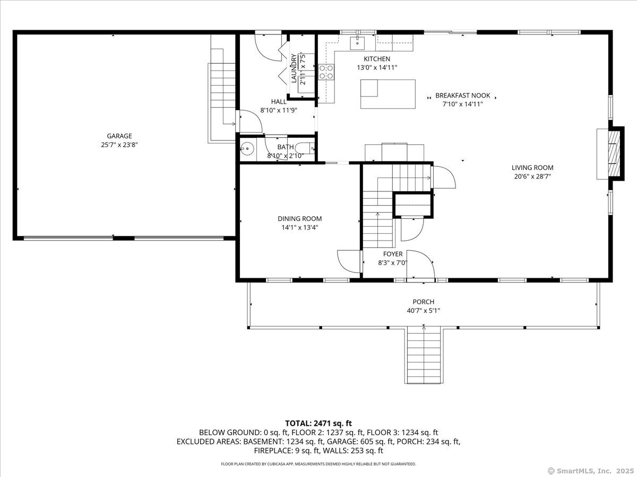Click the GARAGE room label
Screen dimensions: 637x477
119,136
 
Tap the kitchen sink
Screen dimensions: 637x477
357,43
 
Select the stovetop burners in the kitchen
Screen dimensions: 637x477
326,72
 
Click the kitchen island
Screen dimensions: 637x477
388,94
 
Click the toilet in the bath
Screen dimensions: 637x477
305,149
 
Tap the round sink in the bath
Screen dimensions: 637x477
247,149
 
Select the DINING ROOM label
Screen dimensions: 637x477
300,219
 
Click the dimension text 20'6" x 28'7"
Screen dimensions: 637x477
532,176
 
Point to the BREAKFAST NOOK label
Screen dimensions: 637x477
462,95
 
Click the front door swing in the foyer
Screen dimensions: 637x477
420,264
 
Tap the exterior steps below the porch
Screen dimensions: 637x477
424,355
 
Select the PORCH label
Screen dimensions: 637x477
424,302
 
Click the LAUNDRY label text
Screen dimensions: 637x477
294,68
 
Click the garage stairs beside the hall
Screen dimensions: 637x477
222,95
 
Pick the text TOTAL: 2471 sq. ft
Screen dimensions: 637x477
318,423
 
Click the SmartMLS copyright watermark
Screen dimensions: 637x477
591,471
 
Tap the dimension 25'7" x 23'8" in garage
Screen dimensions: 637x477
119,145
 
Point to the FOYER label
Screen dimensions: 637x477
393,254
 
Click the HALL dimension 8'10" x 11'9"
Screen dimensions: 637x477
279,110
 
